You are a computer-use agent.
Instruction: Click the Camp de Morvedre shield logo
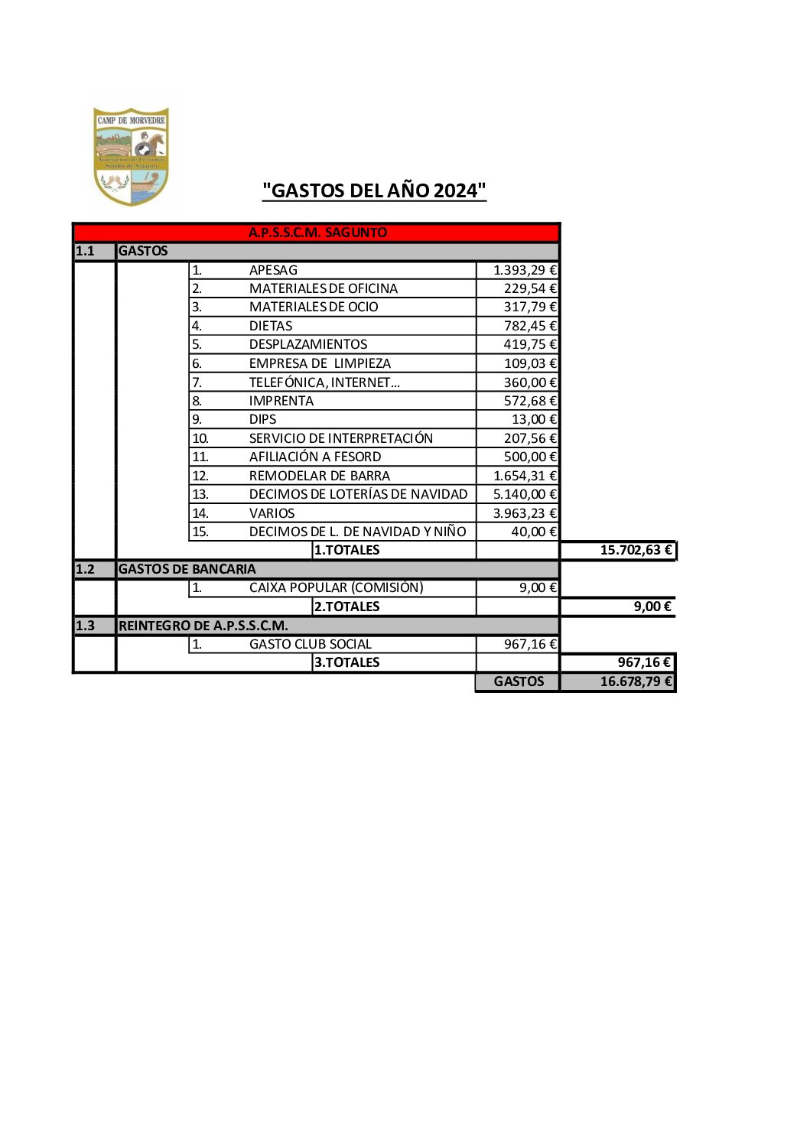[x=131, y=156]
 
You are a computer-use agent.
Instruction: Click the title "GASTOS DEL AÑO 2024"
[x=374, y=190]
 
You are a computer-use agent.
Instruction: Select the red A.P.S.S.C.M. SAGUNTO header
[x=317, y=233]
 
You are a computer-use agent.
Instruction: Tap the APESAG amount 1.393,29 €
[x=525, y=270]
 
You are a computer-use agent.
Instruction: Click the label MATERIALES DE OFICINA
[x=323, y=288]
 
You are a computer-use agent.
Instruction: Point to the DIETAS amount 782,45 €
[x=530, y=326]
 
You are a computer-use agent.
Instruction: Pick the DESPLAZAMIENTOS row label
[x=307, y=344]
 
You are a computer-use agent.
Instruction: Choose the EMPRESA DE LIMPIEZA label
[x=320, y=363]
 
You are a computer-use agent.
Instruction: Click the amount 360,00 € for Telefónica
[x=530, y=382]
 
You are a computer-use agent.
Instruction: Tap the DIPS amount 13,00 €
[x=534, y=419]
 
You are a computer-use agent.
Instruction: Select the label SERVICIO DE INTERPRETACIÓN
[x=340, y=438]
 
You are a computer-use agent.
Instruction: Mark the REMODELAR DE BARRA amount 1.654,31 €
[x=525, y=476]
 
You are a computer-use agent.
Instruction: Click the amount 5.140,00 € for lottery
[x=525, y=494]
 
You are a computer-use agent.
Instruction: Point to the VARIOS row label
[x=272, y=513]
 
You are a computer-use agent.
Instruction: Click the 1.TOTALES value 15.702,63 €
[x=636, y=550]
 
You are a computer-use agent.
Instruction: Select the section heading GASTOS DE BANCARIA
[x=187, y=569]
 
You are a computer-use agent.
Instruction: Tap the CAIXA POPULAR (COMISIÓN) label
[x=336, y=587]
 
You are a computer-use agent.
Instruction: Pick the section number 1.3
[x=85, y=626]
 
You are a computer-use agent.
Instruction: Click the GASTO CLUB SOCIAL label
[x=310, y=644]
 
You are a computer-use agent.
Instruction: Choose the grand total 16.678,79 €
[x=636, y=681]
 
